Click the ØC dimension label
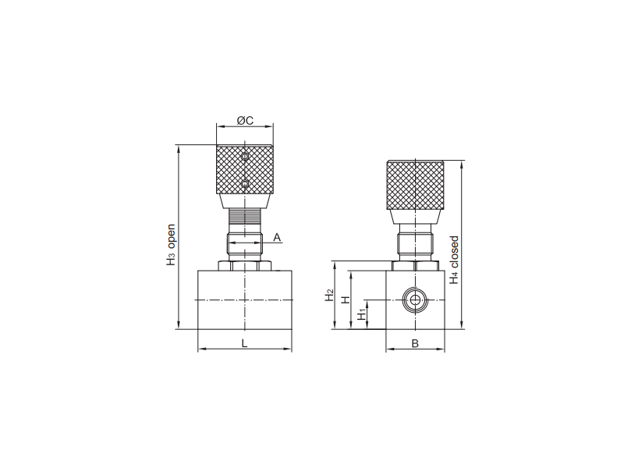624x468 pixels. coord(245,120)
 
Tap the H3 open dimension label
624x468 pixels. coord(171,245)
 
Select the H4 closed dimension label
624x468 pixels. coord(454,261)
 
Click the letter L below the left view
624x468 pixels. coord(245,343)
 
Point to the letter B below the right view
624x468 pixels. coord(415,343)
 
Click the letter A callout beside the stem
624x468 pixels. coord(277,238)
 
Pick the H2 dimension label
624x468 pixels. coord(329,295)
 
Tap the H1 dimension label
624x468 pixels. coord(362,314)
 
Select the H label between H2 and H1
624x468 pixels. coord(346,300)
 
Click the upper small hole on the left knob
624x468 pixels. coord(245,156)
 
